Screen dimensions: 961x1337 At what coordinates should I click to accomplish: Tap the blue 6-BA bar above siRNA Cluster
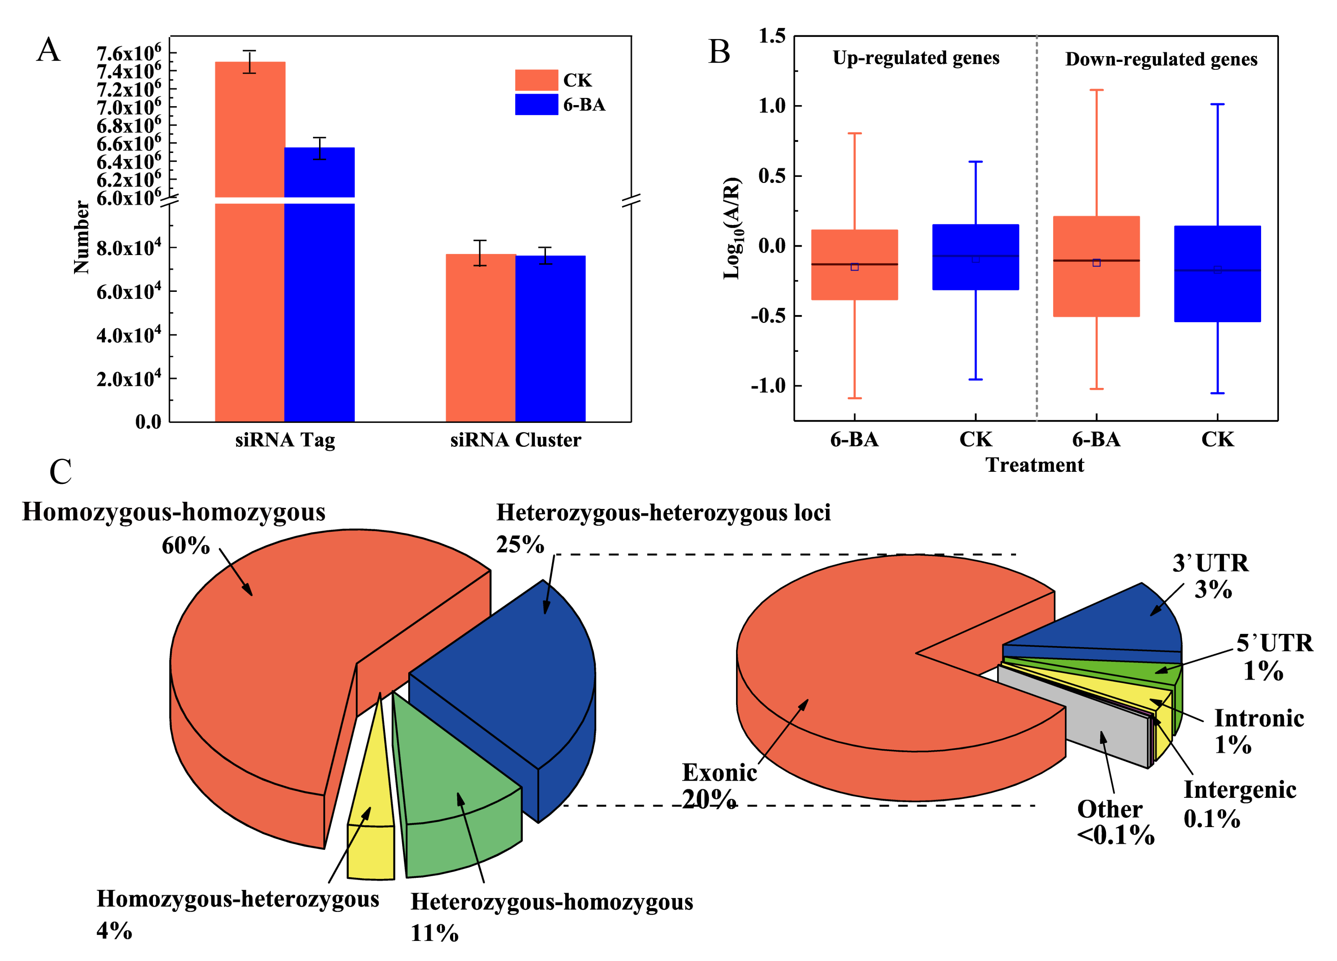coord(550,339)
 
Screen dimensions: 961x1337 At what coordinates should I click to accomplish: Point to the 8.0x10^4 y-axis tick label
coord(129,247)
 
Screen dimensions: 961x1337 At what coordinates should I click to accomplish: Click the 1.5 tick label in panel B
coord(772,36)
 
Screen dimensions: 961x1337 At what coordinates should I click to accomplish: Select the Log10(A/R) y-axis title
coord(732,228)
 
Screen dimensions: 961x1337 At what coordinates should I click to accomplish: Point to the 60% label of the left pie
coord(186,546)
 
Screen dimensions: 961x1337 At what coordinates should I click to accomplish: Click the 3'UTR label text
coord(1210,563)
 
